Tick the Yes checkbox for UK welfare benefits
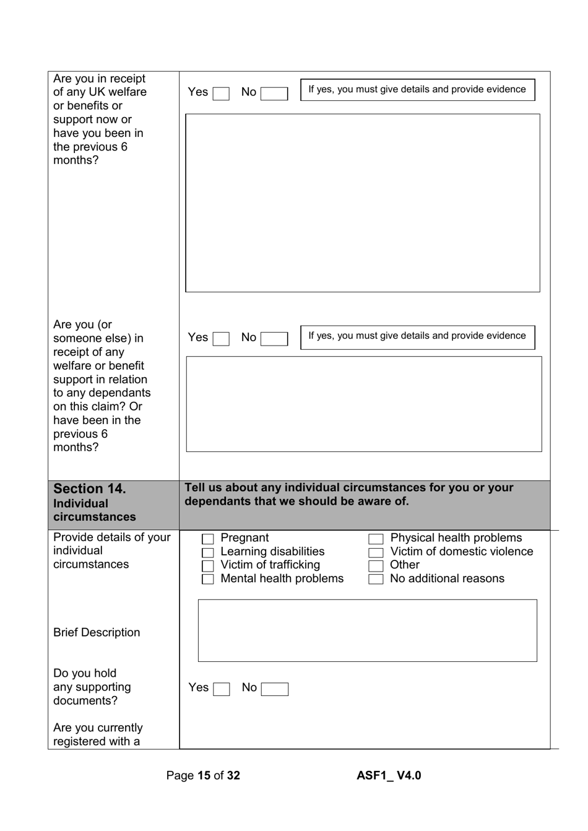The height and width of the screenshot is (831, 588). (221, 94)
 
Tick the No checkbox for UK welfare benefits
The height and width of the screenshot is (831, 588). (274, 94)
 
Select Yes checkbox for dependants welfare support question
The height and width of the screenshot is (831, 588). (221, 339)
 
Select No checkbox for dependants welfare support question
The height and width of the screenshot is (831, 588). (274, 339)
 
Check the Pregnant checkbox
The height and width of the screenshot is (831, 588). (208, 539)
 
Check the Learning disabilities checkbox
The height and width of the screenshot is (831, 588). (208, 552)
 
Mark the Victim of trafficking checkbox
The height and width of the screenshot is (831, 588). (208, 566)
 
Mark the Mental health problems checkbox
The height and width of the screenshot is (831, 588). (208, 580)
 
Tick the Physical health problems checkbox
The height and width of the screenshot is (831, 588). (376, 539)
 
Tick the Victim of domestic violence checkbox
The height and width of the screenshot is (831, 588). (376, 552)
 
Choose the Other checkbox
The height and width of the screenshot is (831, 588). (376, 566)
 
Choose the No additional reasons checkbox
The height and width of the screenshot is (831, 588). (376, 580)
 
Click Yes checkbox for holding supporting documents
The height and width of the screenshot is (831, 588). (222, 689)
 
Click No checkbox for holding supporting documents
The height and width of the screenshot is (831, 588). (275, 689)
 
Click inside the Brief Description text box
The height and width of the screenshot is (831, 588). (367, 630)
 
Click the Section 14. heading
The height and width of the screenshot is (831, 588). (90, 489)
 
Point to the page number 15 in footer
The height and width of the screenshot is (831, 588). (204, 775)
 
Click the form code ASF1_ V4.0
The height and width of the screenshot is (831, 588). (389, 775)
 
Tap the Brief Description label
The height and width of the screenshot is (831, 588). (97, 632)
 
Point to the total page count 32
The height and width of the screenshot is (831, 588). (233, 775)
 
